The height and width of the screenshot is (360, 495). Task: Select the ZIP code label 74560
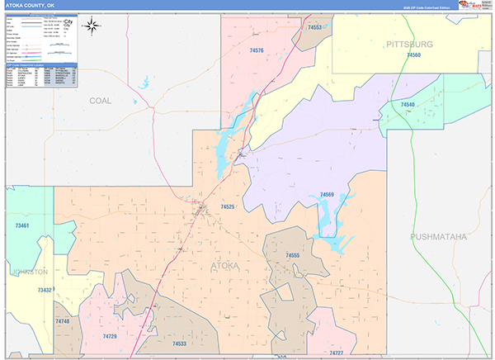[413, 54]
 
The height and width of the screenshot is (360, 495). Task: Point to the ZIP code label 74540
[408, 105]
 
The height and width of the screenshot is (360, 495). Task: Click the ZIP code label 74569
[327, 195]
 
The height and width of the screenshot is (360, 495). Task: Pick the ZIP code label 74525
[228, 206]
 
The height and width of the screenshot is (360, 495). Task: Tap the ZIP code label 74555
[292, 256]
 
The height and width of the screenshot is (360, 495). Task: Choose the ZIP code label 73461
[21, 225]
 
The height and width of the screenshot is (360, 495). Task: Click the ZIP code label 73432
[45, 290]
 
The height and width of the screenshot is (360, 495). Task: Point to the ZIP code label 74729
[110, 337]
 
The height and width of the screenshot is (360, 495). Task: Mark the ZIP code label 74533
[179, 343]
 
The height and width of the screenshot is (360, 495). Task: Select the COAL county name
[100, 100]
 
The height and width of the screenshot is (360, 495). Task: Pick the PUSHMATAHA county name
[438, 237]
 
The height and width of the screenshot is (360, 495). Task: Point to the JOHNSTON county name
[30, 271]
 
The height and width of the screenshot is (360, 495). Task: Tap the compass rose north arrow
[92, 25]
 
